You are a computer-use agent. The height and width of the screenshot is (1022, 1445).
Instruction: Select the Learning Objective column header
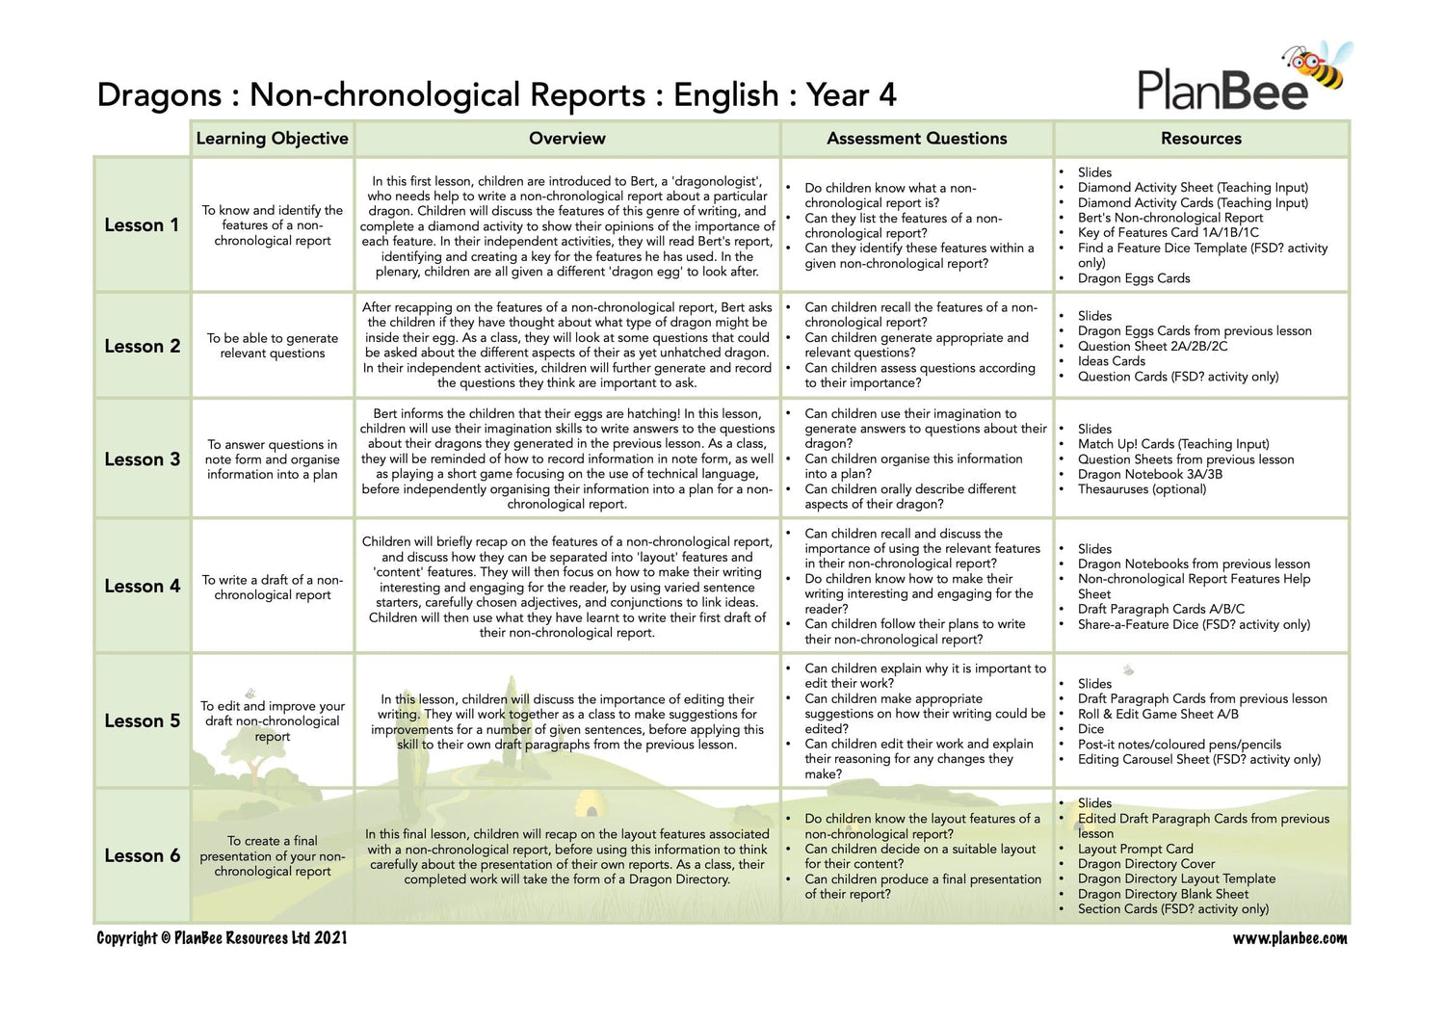click(272, 139)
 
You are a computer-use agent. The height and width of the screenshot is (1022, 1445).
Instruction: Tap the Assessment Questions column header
click(916, 139)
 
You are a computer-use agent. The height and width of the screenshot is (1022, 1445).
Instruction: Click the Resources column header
click(1200, 139)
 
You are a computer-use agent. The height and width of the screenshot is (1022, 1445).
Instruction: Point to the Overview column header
click(566, 139)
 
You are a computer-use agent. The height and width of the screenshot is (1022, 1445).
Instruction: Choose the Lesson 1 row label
click(142, 225)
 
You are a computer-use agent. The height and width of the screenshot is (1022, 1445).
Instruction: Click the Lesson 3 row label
click(142, 459)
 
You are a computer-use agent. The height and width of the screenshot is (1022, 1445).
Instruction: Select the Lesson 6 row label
click(142, 855)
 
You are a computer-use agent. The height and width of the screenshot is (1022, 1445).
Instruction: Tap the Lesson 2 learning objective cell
click(273, 346)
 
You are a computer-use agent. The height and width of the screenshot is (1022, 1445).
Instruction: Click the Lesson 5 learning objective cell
click(273, 721)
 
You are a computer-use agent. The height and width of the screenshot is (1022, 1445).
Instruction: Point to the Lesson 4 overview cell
click(566, 587)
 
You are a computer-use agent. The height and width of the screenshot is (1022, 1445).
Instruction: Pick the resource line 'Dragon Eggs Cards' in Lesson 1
click(1134, 278)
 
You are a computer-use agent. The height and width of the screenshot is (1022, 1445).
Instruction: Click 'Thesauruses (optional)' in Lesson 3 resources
click(1142, 489)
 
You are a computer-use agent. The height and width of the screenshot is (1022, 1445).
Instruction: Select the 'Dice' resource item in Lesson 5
click(1090, 729)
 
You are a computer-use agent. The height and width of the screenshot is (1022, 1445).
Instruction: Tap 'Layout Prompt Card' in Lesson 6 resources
click(1135, 849)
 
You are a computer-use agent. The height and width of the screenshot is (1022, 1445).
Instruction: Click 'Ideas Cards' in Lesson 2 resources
click(1112, 361)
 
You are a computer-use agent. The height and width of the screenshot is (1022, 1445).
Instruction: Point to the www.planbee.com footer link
click(1290, 938)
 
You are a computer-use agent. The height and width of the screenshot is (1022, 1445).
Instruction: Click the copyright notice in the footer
click(222, 938)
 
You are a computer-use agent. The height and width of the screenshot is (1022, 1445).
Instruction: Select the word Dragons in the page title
click(159, 95)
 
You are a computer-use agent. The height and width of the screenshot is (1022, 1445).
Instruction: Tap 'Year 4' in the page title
click(852, 95)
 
